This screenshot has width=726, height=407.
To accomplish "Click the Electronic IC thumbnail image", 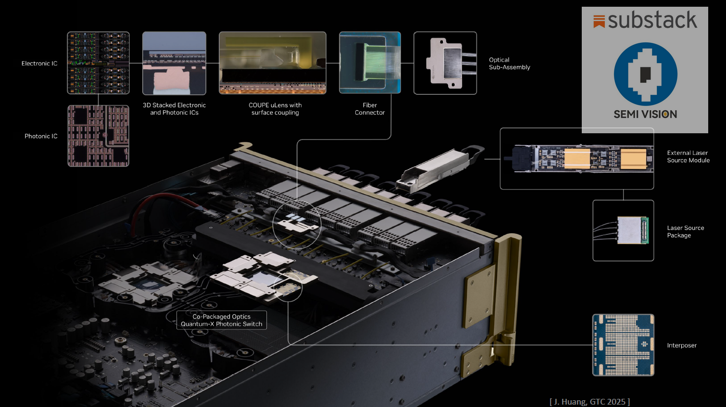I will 98,63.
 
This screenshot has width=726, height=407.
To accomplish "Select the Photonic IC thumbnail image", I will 98,136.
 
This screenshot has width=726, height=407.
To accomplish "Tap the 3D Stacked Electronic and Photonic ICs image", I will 174,63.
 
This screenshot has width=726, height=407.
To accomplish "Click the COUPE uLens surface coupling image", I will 273,63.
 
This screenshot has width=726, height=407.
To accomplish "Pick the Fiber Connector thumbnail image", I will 370,63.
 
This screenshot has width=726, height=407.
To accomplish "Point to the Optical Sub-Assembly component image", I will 445,63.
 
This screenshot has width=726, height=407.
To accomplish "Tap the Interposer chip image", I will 623,345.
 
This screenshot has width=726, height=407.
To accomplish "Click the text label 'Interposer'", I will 681,345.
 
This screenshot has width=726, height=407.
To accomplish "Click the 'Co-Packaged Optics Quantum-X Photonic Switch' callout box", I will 222,320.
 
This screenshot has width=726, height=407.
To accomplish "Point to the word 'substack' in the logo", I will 652,20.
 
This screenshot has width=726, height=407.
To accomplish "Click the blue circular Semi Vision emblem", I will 645,74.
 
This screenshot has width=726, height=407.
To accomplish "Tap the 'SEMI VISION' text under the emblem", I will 645,114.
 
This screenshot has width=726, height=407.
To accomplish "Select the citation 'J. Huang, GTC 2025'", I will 589,402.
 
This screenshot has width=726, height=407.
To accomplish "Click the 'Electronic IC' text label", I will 39,64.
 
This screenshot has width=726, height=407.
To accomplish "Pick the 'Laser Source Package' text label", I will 685,231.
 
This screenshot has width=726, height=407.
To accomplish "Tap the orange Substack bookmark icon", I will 599,21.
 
